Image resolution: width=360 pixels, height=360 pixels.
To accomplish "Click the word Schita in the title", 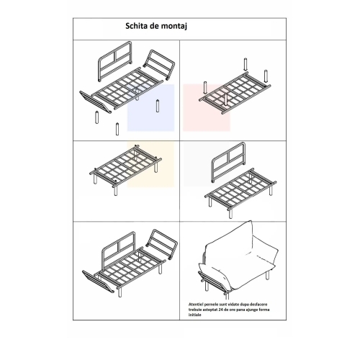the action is pos(137,26).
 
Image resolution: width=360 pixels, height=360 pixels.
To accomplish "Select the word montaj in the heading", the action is pos(174,27).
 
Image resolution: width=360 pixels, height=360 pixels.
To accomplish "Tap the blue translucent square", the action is pos(150,108).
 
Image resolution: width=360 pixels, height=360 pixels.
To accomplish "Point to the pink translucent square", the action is pos(207,108).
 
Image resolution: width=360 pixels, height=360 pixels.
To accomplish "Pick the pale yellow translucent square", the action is pos(150,164).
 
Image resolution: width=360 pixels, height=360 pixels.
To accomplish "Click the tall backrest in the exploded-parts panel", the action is pos(115,61).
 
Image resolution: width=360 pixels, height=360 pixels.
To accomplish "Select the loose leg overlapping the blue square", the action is pos(158,106).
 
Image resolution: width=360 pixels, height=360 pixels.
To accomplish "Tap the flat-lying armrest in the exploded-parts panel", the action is pos(95,102).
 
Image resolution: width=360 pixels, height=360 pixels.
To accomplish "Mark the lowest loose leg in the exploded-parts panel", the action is pos(117,129).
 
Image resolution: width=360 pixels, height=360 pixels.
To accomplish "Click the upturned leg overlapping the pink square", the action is pos(225,100).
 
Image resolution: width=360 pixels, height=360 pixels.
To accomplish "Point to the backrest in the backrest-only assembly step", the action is pos(228,162).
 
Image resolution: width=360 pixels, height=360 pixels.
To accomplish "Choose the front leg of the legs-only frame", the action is pos(116,190).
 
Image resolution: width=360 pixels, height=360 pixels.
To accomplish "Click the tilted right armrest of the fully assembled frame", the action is pos(161,245).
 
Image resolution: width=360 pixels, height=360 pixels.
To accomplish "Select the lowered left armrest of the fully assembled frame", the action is pos(98,282).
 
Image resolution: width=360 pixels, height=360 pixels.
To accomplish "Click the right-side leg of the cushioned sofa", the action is pos(267,274).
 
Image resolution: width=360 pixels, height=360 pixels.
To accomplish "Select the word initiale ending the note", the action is pos(194,315).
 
